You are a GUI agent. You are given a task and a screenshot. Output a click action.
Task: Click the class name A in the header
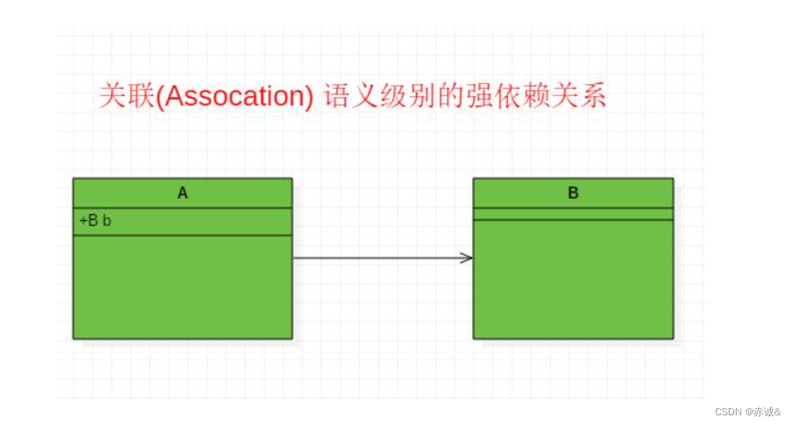pos(183,193)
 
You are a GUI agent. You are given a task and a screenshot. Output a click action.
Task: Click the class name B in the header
pos(573,193)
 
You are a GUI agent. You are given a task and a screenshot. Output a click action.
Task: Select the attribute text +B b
pos(95,221)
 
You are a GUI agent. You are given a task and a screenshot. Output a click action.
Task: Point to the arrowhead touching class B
pos(467,257)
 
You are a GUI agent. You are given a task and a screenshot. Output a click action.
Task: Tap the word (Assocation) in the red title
pos(236,96)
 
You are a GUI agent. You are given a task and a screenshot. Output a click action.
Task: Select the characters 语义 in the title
pos(352,96)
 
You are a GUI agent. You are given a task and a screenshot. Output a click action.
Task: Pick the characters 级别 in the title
pos(410,96)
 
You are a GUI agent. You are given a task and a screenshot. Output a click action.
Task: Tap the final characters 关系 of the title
pos(578,96)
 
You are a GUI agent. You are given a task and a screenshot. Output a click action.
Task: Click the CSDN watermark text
pos(727,411)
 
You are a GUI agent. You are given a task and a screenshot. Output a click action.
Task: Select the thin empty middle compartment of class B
pos(573,214)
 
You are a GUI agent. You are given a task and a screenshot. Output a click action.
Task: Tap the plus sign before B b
pos(83,221)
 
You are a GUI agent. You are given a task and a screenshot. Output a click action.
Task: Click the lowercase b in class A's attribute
pos(107,221)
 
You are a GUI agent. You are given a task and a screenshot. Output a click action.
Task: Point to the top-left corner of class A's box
pos(73,179)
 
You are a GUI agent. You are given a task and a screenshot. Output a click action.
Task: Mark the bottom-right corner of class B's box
pos(673,338)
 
